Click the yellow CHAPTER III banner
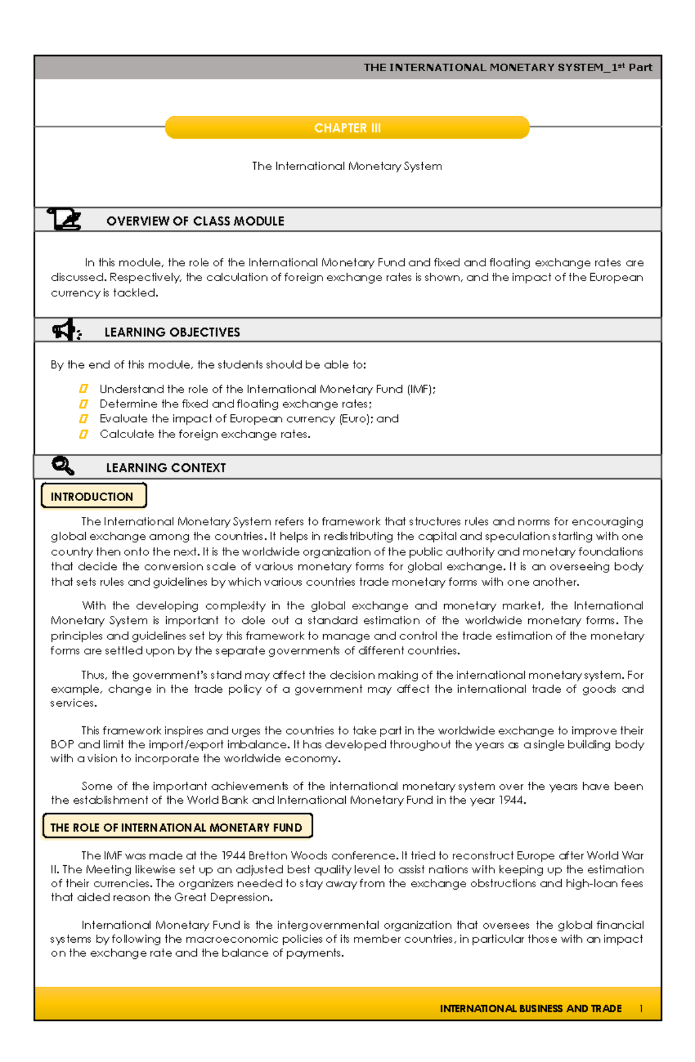(x=347, y=128)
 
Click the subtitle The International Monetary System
(x=347, y=167)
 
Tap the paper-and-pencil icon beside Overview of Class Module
(x=64, y=219)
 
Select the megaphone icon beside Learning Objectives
(x=66, y=330)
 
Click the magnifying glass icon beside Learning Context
(x=63, y=466)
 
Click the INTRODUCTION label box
(x=93, y=497)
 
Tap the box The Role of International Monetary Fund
(x=177, y=827)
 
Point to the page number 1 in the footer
(x=641, y=1009)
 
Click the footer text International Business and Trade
(x=531, y=1009)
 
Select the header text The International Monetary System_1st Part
(x=507, y=68)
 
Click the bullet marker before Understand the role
(x=83, y=389)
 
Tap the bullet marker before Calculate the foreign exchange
(x=83, y=434)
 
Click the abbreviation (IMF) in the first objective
(x=420, y=389)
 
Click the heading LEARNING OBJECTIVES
(x=172, y=332)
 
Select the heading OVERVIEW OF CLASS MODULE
(x=195, y=221)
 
